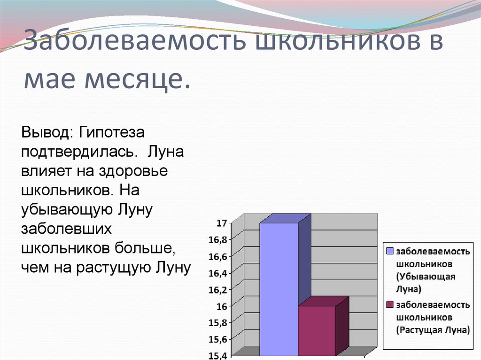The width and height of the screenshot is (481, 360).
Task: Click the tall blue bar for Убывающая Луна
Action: (x=279, y=289)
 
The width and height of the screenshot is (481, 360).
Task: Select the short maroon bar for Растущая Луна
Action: (x=317, y=330)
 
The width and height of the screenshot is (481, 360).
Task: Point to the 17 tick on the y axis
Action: (x=221, y=223)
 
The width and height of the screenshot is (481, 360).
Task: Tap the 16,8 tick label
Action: (x=218, y=240)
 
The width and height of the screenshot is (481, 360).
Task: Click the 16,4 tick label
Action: (x=218, y=273)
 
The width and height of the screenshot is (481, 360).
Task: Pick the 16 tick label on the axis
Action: (x=221, y=306)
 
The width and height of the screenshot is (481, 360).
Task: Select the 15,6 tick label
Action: (x=218, y=339)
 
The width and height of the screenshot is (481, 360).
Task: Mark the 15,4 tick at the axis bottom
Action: (x=218, y=355)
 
